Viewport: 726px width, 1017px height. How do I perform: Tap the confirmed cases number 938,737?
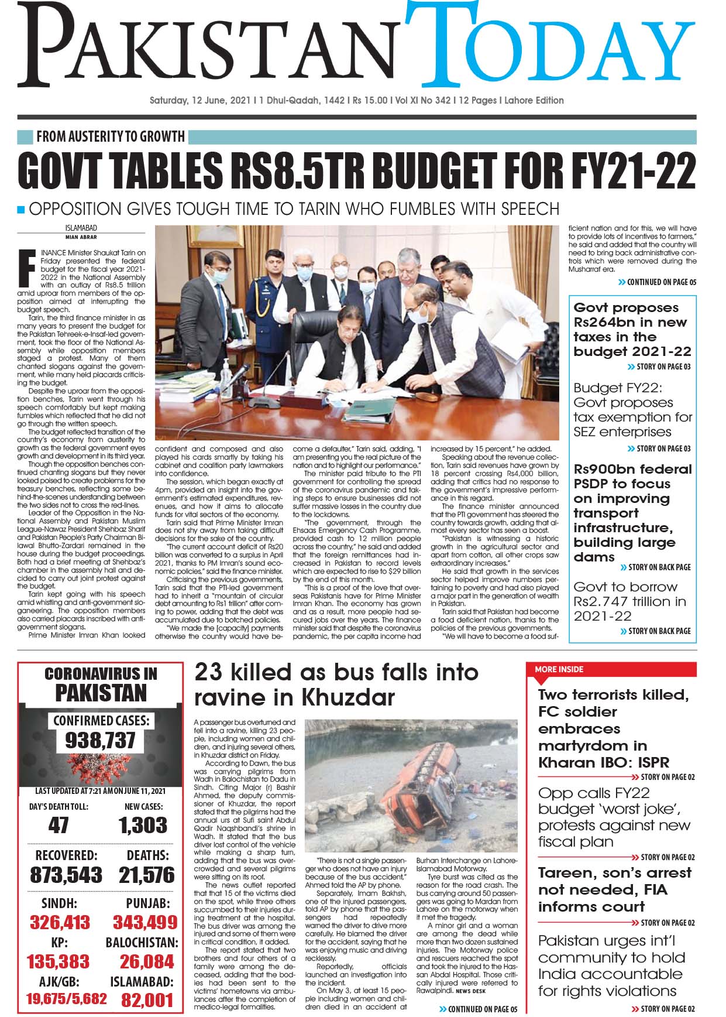pyautogui.click(x=100, y=741)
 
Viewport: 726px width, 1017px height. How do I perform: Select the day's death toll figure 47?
pyautogui.click(x=59, y=825)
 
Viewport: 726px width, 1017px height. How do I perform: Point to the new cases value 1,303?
pyautogui.click(x=143, y=825)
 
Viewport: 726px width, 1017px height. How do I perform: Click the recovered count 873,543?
pyautogui.click(x=66, y=875)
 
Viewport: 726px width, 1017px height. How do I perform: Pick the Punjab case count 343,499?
pyautogui.click(x=144, y=922)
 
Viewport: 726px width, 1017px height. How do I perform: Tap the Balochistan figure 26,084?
pyautogui.click(x=146, y=961)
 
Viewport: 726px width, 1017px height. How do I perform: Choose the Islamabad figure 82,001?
pyautogui.click(x=147, y=999)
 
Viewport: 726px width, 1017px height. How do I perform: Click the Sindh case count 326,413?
pyautogui.click(x=60, y=922)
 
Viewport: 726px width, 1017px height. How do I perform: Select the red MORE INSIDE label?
pyautogui.click(x=559, y=669)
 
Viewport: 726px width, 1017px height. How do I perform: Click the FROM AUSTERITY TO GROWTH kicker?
pyautogui.click(x=110, y=137)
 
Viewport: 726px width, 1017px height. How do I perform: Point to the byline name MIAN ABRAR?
pyautogui.click(x=81, y=237)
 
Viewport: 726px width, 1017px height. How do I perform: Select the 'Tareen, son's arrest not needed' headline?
pyautogui.click(x=614, y=889)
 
